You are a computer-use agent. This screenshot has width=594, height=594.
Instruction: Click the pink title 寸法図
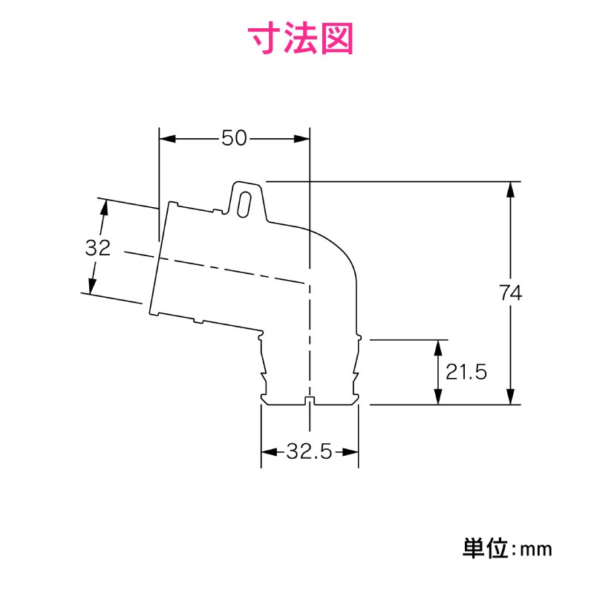(301, 39)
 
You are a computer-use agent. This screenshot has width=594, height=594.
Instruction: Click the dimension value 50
(234, 138)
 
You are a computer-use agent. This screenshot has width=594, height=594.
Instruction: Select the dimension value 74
(510, 293)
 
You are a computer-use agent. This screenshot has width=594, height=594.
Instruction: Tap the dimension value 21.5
(466, 372)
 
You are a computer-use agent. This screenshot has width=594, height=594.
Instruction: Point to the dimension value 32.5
(309, 451)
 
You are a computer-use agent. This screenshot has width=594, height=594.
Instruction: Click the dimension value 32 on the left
(98, 248)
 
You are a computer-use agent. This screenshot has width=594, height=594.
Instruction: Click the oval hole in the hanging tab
(244, 205)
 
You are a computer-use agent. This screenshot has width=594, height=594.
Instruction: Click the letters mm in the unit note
(536, 549)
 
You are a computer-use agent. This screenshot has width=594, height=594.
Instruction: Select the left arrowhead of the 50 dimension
(168, 139)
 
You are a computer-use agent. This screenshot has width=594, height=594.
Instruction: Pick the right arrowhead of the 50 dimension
(301, 139)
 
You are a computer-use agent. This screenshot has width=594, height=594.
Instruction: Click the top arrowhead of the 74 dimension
(510, 190)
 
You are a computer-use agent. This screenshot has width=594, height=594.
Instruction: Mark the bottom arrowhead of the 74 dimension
(510, 396)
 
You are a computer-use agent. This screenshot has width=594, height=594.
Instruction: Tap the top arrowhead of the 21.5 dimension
(438, 347)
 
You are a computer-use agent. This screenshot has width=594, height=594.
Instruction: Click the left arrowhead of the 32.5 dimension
(270, 451)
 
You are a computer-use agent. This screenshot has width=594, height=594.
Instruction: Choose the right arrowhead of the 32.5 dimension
(350, 451)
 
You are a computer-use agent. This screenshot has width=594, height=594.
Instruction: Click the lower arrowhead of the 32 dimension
(92, 286)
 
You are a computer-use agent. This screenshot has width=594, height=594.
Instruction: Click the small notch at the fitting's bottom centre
(310, 401)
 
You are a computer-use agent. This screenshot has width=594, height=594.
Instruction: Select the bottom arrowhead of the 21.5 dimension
(438, 396)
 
